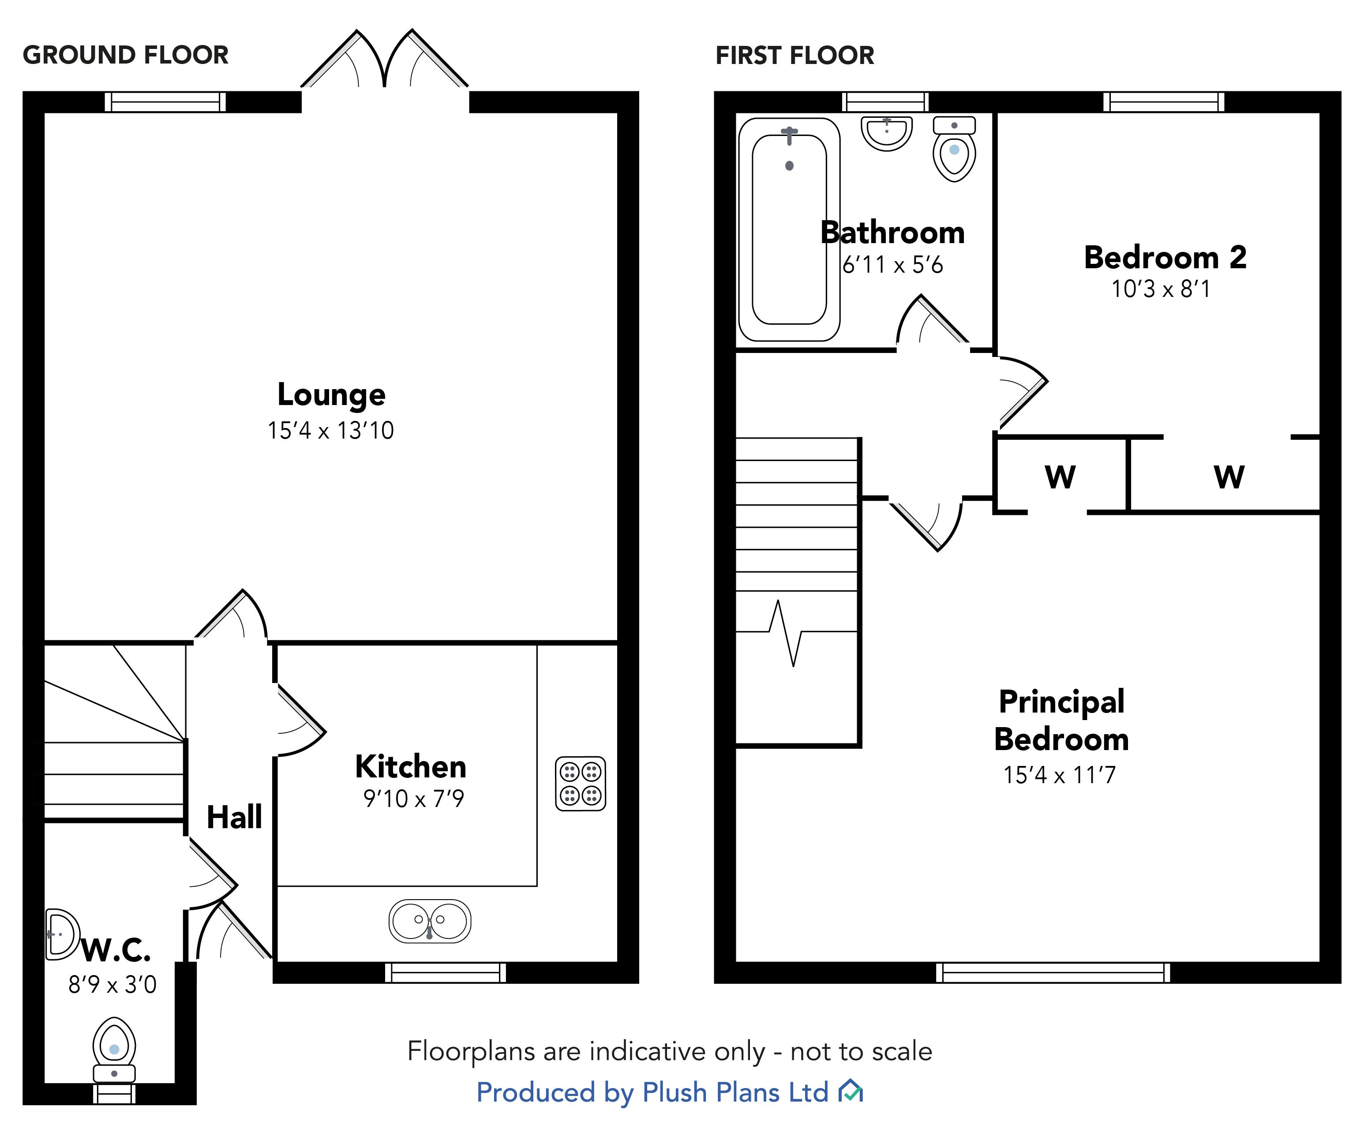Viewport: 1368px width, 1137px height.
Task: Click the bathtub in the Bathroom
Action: (x=789, y=229)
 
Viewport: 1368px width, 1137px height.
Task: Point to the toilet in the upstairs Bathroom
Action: (x=954, y=150)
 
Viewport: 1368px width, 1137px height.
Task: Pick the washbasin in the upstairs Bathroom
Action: (x=886, y=134)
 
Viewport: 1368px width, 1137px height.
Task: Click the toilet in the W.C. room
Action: (x=114, y=1049)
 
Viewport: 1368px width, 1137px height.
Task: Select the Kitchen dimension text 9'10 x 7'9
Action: (x=414, y=798)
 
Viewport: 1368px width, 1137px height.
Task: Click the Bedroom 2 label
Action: (x=1165, y=257)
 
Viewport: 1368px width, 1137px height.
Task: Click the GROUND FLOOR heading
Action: (x=126, y=56)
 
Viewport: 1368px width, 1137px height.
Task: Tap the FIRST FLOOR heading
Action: (x=795, y=56)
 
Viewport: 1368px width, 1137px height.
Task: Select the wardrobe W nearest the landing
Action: (x=1060, y=477)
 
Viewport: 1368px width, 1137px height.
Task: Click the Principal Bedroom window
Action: (x=1053, y=972)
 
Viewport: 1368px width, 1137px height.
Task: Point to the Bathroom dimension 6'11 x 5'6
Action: (x=892, y=265)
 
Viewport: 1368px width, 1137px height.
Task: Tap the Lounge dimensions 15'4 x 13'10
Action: (x=331, y=431)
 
